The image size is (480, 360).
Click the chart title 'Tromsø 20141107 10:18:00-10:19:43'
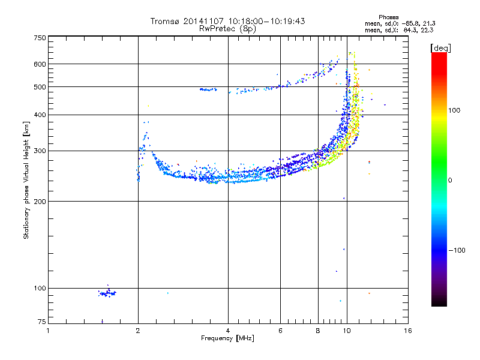coord(227,21)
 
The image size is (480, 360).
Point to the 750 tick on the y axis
coord(40,37)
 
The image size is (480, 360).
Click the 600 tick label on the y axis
coord(40,64)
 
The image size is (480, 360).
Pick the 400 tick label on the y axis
coord(40,115)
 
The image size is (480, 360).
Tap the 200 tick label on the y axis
coord(40,201)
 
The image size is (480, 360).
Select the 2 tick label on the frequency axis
coord(138,331)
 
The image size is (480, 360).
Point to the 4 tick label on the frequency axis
coord(228,331)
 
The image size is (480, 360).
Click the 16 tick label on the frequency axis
coord(407,331)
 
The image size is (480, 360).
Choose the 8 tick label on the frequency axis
coord(318,331)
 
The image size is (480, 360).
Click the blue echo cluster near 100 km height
coord(107,293)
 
